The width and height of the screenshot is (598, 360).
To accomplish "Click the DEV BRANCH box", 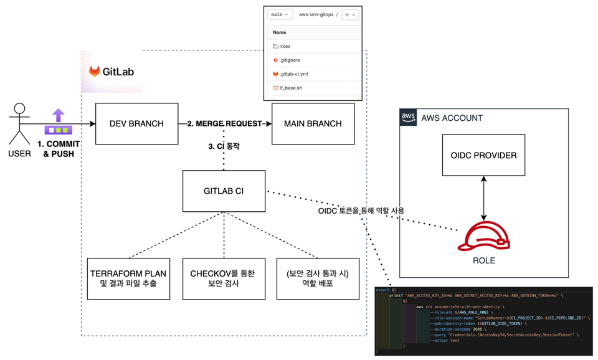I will (136, 124).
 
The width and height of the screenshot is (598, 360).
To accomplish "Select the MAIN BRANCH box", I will (313, 124).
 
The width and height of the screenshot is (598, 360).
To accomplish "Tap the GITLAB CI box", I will (224, 191).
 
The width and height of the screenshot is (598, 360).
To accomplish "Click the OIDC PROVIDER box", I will (483, 155).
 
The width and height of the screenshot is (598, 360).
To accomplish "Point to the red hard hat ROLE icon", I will (483, 237).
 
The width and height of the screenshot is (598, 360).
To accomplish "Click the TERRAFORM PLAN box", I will (128, 278).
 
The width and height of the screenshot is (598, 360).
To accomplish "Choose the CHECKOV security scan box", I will (223, 278).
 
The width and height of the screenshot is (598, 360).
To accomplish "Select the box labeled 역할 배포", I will (318, 278).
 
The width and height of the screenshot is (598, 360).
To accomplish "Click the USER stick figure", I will (20, 123).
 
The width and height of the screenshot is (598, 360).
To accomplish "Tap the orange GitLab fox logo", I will (95, 72).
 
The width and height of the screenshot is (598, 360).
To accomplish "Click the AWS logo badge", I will (408, 117).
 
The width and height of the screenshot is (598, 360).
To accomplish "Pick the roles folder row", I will (285, 46).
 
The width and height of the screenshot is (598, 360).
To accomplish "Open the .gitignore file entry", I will (290, 60).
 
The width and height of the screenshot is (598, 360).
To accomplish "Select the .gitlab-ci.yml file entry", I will (293, 74).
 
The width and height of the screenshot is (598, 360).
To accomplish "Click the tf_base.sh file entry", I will (290, 88).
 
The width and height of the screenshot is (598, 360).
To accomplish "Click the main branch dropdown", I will (279, 14).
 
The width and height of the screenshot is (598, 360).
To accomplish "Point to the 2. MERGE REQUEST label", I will (224, 124).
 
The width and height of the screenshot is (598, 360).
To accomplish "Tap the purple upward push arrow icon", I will (58, 116).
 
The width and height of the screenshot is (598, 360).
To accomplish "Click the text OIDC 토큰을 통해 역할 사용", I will (361, 211).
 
